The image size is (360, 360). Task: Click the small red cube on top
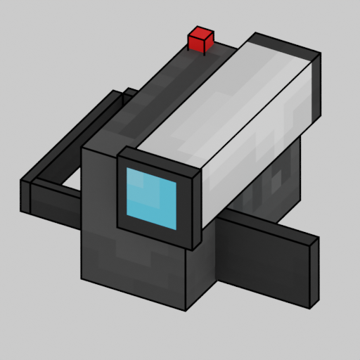click(x=200, y=39)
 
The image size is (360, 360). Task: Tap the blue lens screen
click(x=151, y=198)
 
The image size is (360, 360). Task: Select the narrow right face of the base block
click(x=200, y=278)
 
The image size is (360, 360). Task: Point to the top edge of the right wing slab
click(x=267, y=229)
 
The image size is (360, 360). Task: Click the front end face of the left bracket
click(x=25, y=196)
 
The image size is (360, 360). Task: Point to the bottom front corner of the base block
click(x=186, y=309)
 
